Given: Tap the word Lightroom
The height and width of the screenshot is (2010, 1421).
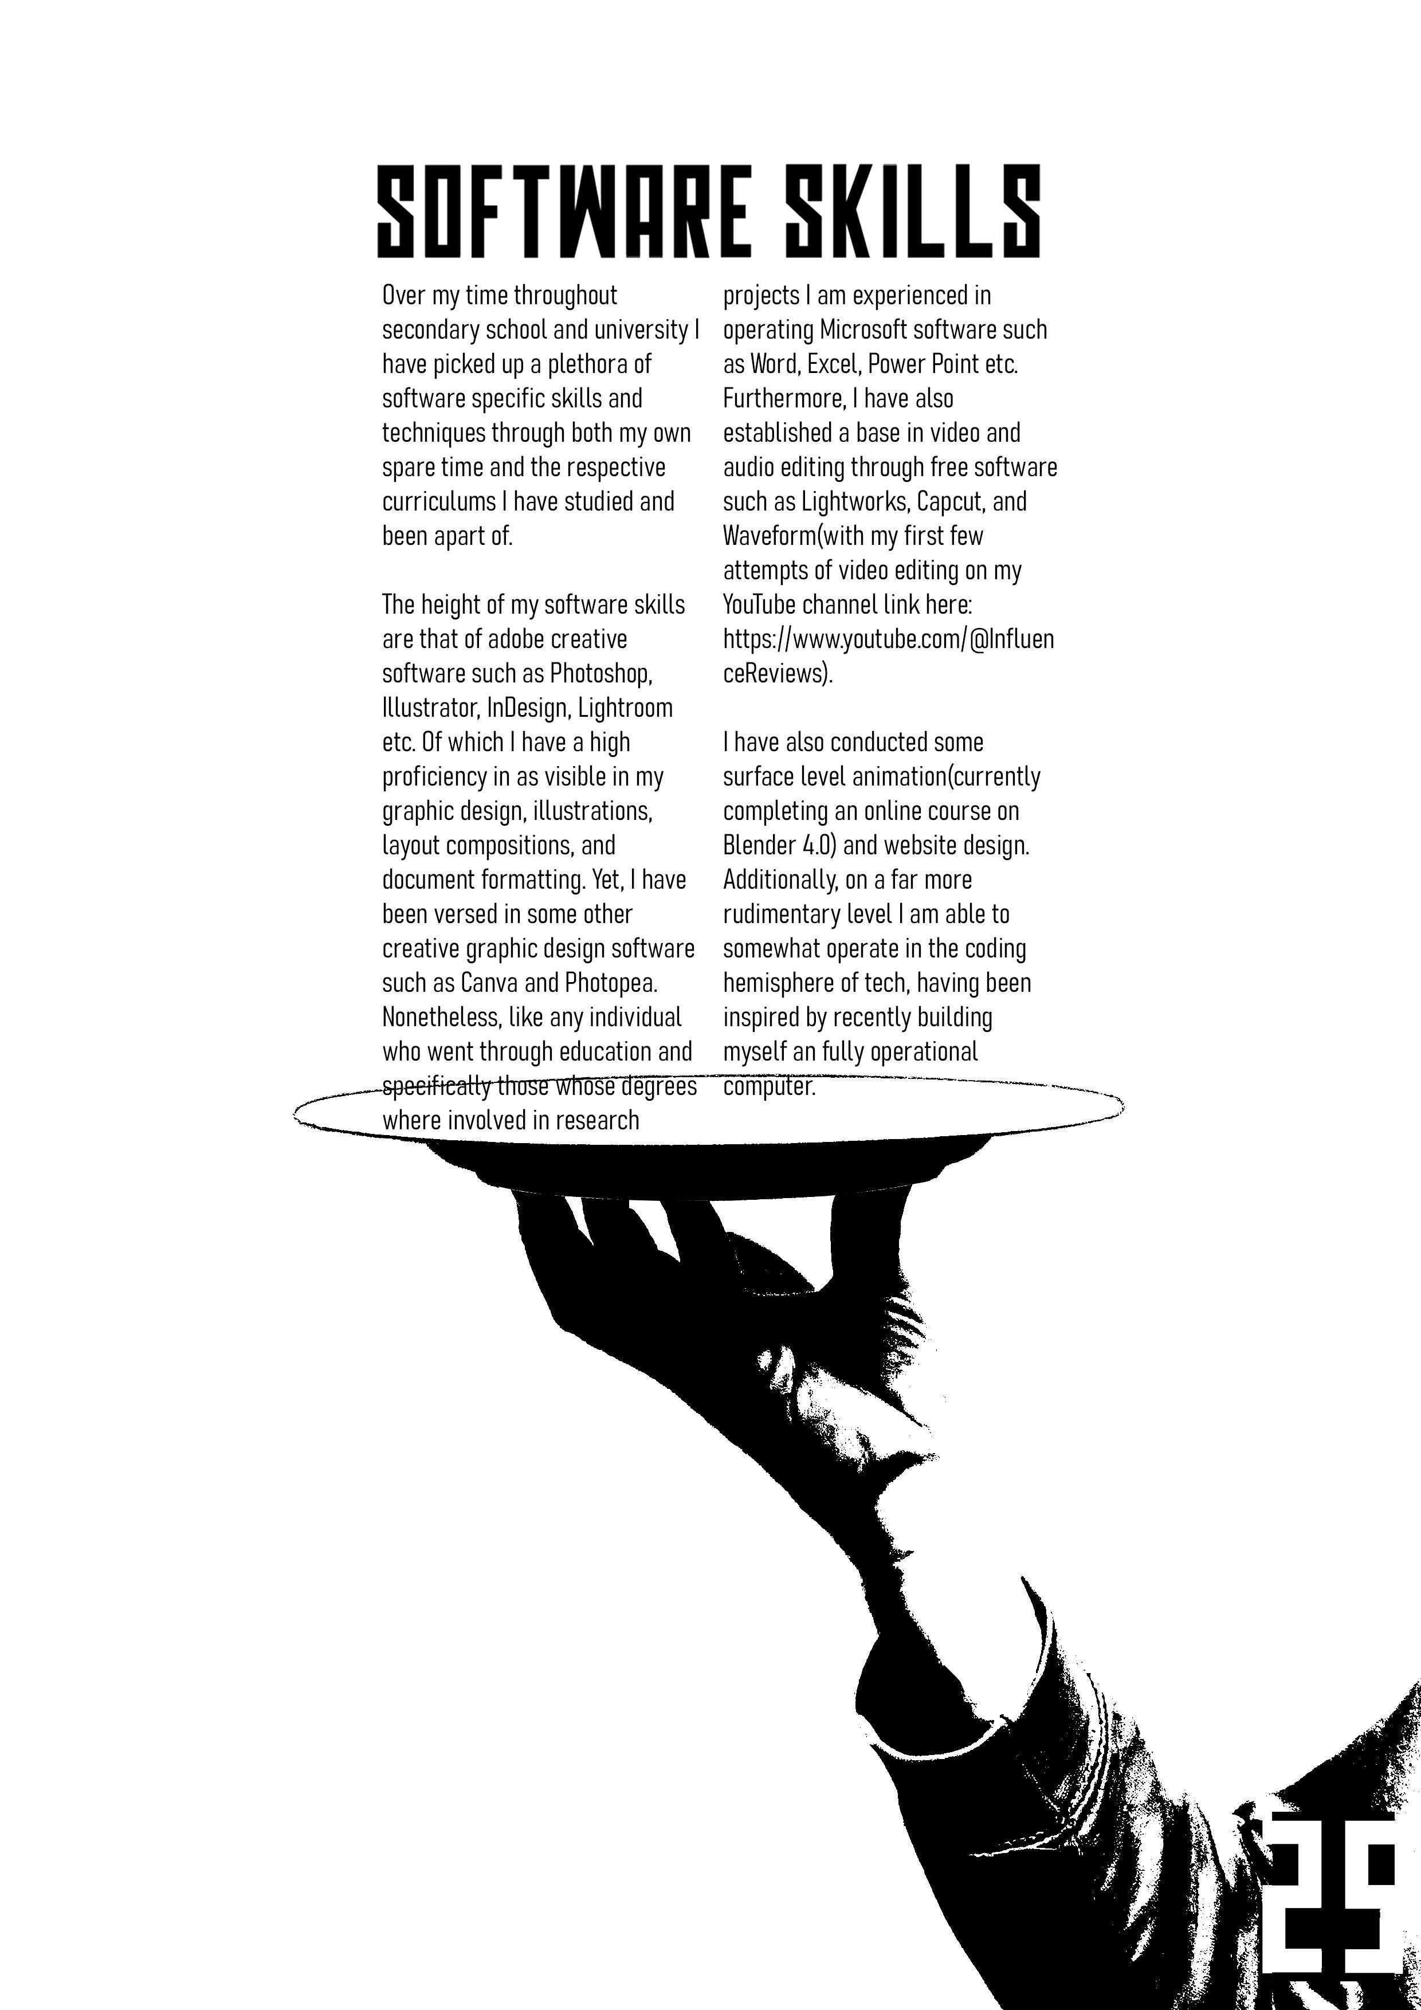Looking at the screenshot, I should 625,708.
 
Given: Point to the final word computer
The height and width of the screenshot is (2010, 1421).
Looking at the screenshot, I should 769,1086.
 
